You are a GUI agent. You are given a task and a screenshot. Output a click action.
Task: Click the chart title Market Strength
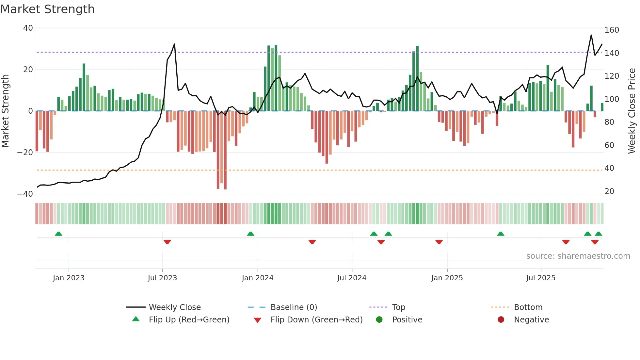[48, 9]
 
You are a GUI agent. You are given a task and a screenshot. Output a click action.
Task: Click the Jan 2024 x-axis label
[258, 278]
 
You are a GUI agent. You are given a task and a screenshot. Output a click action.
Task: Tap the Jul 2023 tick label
[162, 278]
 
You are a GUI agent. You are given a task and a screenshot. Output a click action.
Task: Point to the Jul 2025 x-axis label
[541, 278]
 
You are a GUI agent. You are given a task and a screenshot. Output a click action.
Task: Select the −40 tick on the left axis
[25, 194]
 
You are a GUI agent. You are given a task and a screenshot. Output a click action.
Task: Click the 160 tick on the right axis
[612, 30]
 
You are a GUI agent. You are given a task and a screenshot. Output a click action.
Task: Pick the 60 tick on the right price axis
[609, 145]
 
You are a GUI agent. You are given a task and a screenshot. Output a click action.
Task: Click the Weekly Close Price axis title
[632, 111]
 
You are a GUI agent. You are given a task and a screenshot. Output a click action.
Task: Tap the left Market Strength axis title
[5, 111]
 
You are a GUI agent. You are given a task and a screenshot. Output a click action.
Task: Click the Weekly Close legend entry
[174, 307]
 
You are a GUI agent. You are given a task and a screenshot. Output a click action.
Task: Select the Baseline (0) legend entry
[294, 307]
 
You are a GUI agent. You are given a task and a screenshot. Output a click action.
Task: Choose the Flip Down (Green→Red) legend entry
[316, 320]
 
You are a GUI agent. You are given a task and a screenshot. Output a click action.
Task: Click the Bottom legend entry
[528, 307]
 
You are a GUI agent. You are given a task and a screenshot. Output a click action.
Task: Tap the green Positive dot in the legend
[379, 320]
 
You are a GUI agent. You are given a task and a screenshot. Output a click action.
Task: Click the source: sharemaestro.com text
[578, 256]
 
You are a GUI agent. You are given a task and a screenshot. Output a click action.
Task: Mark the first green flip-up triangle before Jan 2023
[58, 234]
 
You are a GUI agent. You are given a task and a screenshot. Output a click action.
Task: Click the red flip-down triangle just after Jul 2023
[167, 242]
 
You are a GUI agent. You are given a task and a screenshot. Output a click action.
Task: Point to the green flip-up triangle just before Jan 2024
[250, 234]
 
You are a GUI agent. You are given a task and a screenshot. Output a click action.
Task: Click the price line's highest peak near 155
[591, 35]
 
